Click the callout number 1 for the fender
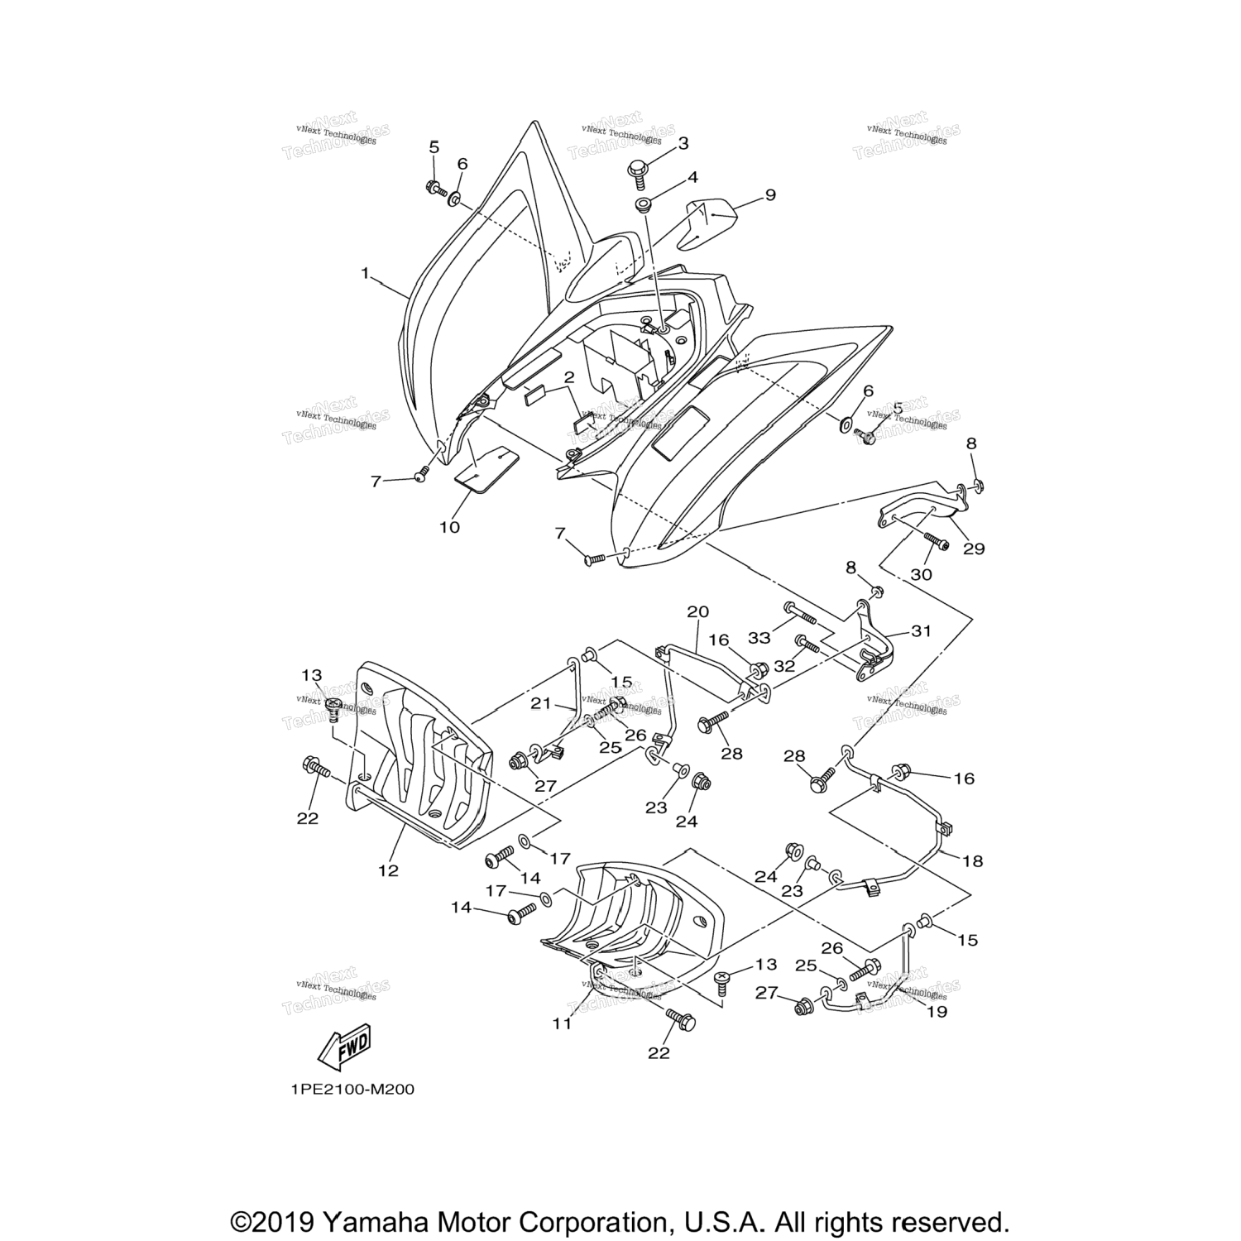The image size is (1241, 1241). pyautogui.click(x=365, y=272)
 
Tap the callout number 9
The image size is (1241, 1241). pyautogui.click(x=769, y=195)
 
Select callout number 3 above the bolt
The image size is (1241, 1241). pyautogui.click(x=683, y=143)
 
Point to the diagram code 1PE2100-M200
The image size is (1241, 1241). pyautogui.click(x=352, y=1089)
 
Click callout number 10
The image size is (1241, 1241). pyautogui.click(x=449, y=526)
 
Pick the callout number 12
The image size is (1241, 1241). pyautogui.click(x=388, y=870)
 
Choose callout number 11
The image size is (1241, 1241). pyautogui.click(x=563, y=1023)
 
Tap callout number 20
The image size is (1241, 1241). pyautogui.click(x=697, y=612)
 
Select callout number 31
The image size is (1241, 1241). pyautogui.click(x=921, y=631)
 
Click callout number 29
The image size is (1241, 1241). pyautogui.click(x=974, y=548)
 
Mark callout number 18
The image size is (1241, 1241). pyautogui.click(x=973, y=860)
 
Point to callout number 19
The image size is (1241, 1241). pyautogui.click(x=937, y=1010)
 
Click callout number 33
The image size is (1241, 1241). pyautogui.click(x=759, y=638)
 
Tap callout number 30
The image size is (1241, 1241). pyautogui.click(x=921, y=574)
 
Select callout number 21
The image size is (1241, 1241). pyautogui.click(x=540, y=703)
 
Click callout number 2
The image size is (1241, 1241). pyautogui.click(x=568, y=378)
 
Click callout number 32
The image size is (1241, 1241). pyautogui.click(x=783, y=664)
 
